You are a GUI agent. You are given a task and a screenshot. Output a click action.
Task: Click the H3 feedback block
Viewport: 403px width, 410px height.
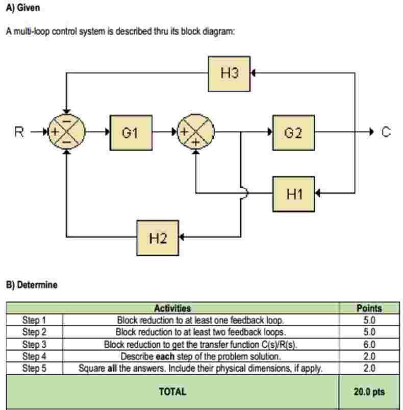click(229, 73)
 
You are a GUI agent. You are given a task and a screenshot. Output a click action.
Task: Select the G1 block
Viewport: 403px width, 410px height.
click(131, 133)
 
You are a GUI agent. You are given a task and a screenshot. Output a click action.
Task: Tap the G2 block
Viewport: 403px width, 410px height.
click(293, 133)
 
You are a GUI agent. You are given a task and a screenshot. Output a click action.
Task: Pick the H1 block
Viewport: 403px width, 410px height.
click(293, 194)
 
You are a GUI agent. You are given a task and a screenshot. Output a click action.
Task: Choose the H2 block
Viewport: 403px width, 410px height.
click(158, 237)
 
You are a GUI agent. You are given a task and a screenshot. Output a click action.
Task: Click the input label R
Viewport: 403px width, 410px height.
click(19, 133)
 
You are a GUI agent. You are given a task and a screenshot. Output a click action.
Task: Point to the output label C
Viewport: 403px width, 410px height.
click(386, 133)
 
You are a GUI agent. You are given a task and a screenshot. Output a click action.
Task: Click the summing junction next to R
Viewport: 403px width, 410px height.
click(66, 133)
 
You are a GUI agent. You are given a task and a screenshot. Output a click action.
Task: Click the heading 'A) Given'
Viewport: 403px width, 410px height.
click(23, 9)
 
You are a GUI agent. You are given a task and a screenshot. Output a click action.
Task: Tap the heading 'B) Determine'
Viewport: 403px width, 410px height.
click(32, 285)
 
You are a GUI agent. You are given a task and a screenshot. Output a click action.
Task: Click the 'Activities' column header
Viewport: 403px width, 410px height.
click(172, 308)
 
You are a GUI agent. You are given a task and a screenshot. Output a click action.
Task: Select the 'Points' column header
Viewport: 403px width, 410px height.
click(369, 308)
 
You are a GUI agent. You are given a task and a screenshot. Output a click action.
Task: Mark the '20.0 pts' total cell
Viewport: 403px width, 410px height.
click(369, 392)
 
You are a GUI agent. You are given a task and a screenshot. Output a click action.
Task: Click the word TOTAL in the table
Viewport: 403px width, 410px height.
click(172, 392)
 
